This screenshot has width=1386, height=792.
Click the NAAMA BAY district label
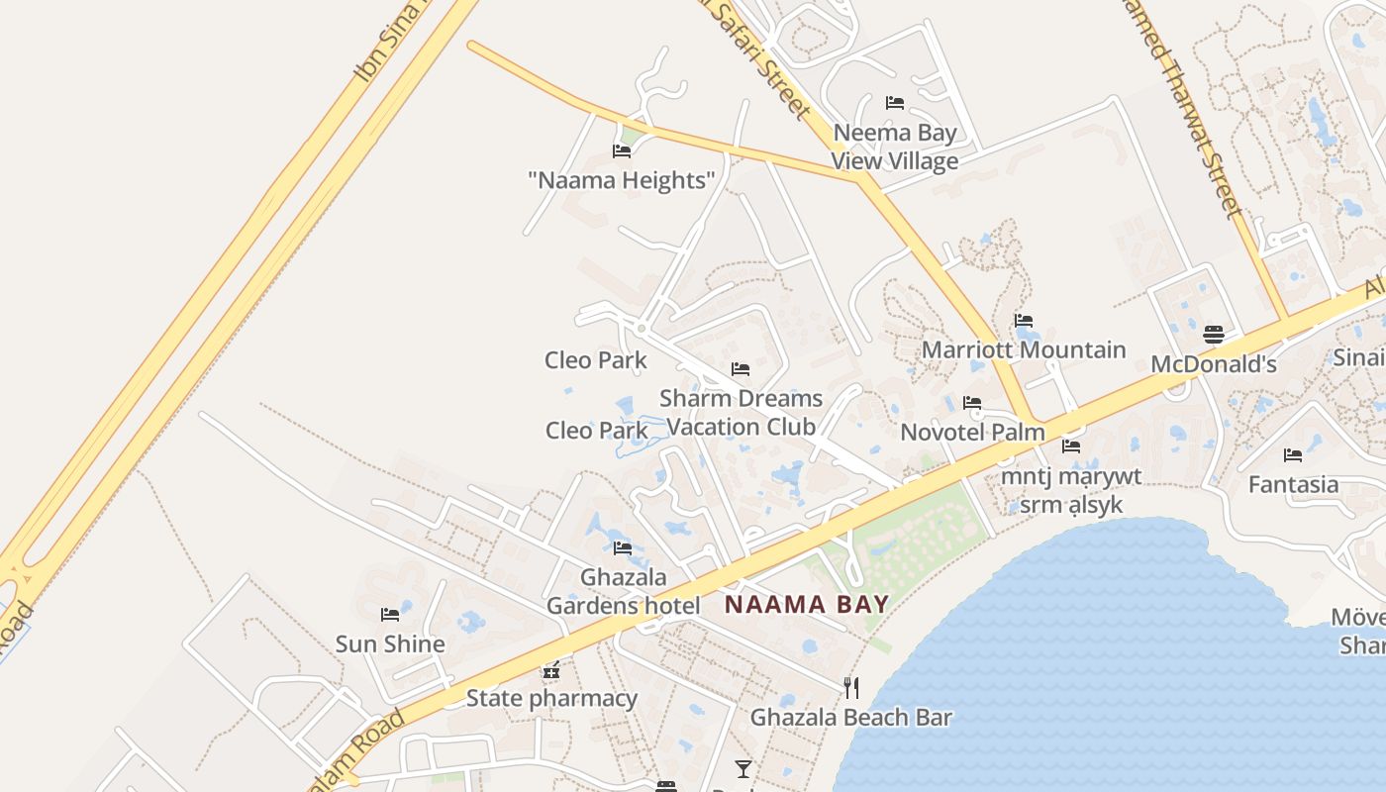click(807, 604)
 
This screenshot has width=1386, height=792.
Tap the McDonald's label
click(1214, 364)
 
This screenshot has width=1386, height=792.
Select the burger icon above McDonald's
click(1214, 335)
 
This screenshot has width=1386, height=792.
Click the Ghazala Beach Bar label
click(850, 718)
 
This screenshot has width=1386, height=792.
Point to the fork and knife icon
click(850, 687)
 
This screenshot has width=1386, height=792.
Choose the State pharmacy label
click(551, 698)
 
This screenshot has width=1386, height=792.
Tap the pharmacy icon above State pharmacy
click(551, 670)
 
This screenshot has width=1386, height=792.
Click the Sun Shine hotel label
click(390, 643)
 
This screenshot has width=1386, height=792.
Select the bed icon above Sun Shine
click(390, 615)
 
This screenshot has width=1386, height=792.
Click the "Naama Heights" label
click(622, 180)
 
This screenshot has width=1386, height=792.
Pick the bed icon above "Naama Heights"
click(622, 151)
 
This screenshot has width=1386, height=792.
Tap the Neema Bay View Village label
click(895, 147)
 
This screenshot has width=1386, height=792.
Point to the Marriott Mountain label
click(1024, 349)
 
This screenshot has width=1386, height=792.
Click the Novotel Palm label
click(972, 433)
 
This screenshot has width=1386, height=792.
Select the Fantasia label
click(1293, 485)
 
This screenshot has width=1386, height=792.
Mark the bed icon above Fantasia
click(1293, 455)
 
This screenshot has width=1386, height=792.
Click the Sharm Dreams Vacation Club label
click(741, 412)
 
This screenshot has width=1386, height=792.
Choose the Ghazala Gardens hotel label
click(623, 591)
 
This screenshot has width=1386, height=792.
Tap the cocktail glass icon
click(743, 769)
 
